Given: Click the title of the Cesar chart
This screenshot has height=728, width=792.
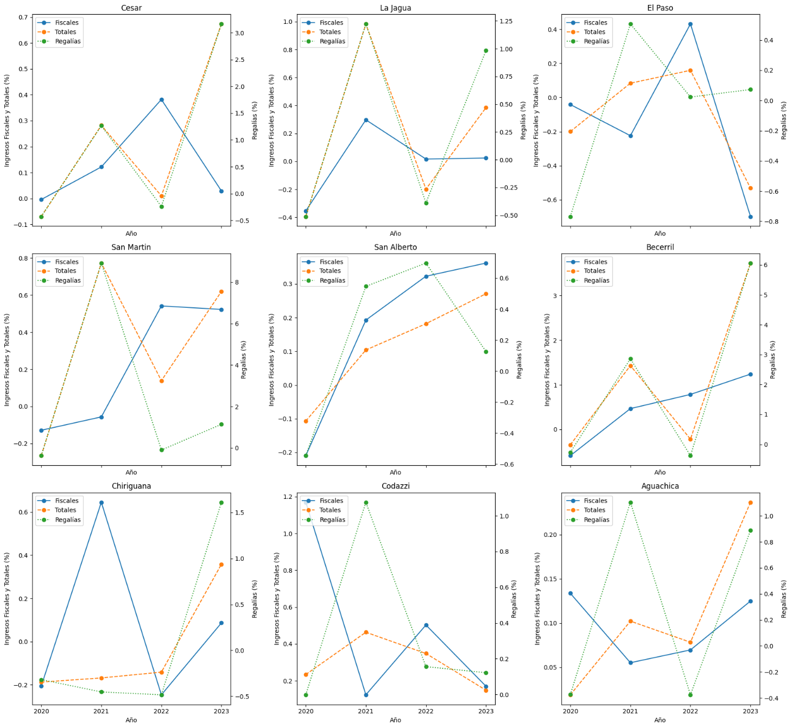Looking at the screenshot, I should click(x=131, y=8).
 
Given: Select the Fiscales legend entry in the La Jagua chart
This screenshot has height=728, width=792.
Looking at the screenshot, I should click(x=331, y=23).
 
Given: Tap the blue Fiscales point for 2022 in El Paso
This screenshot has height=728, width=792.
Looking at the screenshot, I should click(x=690, y=24).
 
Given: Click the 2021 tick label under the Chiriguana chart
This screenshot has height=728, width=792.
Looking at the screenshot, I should click(x=101, y=711).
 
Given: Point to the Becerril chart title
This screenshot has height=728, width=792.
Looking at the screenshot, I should click(x=660, y=247).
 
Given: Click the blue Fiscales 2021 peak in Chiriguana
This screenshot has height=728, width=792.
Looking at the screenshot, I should click(x=101, y=503).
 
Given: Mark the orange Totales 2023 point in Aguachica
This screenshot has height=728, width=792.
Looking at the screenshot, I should click(x=751, y=503).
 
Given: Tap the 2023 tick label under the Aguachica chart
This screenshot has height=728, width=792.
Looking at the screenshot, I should click(x=751, y=711).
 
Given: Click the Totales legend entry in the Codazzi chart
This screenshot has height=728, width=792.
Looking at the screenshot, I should click(x=330, y=510).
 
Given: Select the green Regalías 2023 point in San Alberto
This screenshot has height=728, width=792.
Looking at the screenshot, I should click(x=486, y=352).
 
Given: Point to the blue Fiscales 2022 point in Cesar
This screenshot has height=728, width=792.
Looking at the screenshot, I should click(x=161, y=100).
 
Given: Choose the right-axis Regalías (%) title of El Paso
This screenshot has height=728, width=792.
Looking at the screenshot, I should click(x=784, y=121).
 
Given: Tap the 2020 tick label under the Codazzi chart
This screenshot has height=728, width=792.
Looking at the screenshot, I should click(x=306, y=711).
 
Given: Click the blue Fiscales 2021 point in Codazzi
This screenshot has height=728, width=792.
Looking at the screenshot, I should click(x=366, y=695).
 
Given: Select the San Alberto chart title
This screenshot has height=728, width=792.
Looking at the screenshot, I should click(x=396, y=247).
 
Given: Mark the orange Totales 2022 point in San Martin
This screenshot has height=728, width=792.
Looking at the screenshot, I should click(x=161, y=381).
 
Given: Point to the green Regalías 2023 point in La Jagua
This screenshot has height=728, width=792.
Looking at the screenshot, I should click(x=486, y=50).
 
